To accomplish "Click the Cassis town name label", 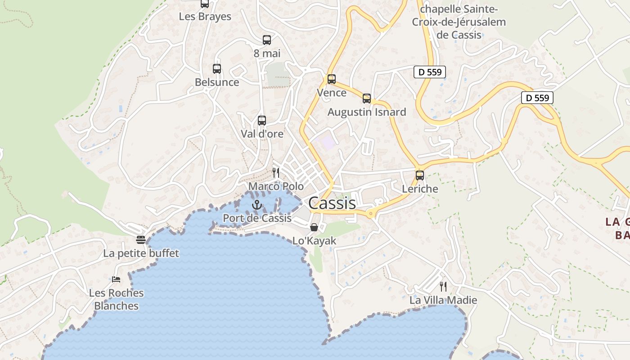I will (332, 203).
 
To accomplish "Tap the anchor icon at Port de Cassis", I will (257, 205).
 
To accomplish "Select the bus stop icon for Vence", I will (332, 79).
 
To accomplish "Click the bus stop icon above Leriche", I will (420, 175).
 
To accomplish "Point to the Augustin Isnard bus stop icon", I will (367, 99).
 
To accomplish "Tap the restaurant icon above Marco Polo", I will (276, 172).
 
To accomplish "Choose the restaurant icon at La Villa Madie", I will (443, 286).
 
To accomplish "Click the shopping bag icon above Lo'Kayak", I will (314, 227).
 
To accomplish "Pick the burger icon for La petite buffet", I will (141, 240).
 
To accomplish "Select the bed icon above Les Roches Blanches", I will (116, 279).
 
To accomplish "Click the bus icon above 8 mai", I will (267, 40).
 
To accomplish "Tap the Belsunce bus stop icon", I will (217, 69).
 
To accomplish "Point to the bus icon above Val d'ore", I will (262, 121).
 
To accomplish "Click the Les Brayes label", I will (205, 17).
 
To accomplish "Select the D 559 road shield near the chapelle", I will (430, 72).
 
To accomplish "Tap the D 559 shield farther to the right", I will (537, 98).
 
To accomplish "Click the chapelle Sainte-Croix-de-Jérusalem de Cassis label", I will (459, 22).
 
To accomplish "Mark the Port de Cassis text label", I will (257, 218).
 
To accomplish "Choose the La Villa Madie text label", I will (443, 300).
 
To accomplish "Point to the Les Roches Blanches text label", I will (116, 299).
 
